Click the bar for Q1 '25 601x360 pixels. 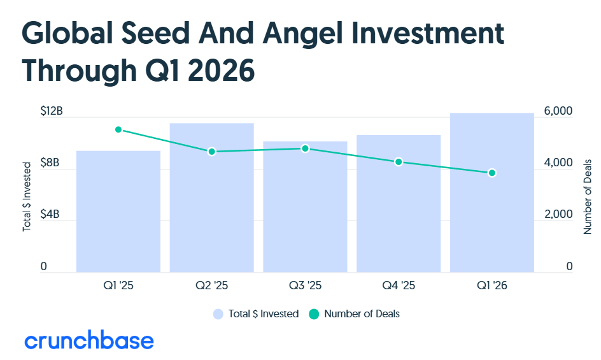pos(118,212)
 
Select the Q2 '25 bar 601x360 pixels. pos(211,198)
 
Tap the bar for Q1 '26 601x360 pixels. pos(491,192)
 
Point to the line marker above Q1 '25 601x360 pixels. pos(118,129)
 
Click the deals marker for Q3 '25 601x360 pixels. pos(305,148)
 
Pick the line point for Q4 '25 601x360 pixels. pos(399,162)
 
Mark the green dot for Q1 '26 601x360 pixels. pos(491,173)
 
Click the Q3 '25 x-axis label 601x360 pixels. pos(305,285)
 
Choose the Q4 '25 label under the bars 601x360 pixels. pos(399,285)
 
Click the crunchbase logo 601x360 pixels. pos(89,341)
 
